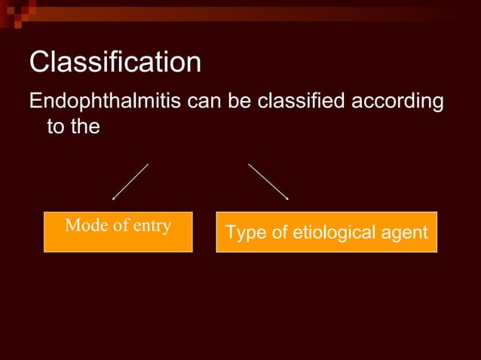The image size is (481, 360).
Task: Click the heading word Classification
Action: tap(115, 63)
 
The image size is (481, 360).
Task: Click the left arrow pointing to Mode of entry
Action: tap(130, 182)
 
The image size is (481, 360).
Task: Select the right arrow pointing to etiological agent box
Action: tap(268, 182)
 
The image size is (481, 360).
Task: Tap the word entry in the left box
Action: tap(152, 226)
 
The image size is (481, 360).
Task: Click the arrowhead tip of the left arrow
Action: tap(114, 199)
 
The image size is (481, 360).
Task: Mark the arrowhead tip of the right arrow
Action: tap(288, 199)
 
